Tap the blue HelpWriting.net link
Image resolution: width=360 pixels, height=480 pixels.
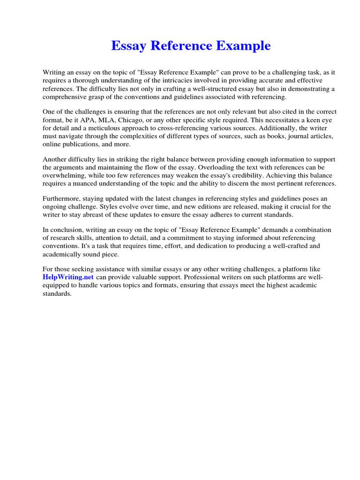tap(68, 277)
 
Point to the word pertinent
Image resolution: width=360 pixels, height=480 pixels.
tap(281, 183)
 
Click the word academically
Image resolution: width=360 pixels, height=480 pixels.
tap(65, 254)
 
